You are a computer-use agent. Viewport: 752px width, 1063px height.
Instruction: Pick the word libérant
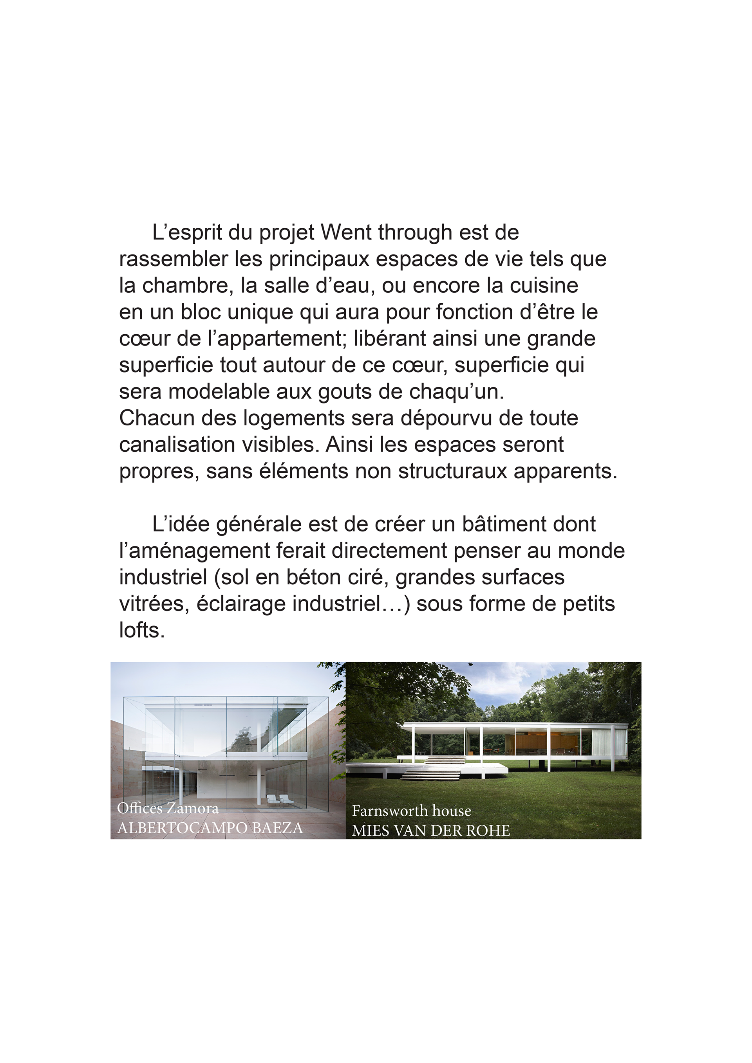pos(390,339)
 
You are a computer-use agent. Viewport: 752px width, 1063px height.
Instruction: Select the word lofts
pos(142,631)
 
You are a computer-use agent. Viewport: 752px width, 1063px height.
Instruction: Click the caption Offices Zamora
pos(168,808)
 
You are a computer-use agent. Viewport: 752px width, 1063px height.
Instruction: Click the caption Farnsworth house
pos(411,811)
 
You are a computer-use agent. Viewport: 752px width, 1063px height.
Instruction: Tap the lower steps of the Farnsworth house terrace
pos(431,774)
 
